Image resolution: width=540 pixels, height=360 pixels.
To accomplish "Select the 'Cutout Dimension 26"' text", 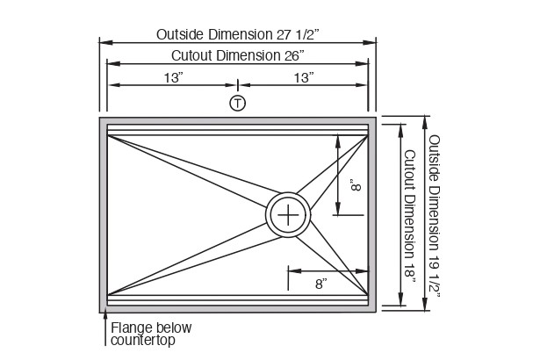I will pos(237,55).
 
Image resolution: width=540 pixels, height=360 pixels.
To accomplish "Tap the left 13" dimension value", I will pos(172,78).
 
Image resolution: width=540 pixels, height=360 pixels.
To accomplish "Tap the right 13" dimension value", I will pos(304,78).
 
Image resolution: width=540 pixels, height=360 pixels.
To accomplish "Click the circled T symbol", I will pos(237,103).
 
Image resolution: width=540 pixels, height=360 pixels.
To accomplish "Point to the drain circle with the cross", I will pos(288,214).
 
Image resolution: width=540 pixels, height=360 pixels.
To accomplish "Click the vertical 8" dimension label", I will pos(355,186).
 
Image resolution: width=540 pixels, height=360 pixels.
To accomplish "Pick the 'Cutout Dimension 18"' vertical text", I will pos(409,214).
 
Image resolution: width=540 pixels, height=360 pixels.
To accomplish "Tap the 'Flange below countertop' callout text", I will pos(150,335).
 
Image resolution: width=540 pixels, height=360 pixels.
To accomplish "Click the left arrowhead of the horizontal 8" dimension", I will pos(292,270).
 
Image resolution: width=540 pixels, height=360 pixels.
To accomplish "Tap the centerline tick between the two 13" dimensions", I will pos(237,84).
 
